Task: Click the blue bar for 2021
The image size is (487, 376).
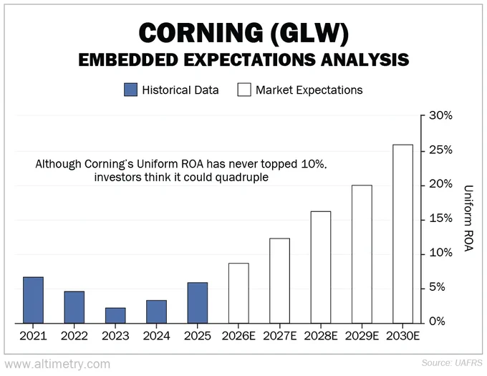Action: tap(33, 300)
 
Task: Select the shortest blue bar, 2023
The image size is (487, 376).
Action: tap(115, 316)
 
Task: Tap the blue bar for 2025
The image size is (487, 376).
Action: tap(198, 303)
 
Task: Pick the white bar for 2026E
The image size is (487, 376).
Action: tap(238, 294)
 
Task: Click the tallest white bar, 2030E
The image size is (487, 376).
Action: tap(402, 234)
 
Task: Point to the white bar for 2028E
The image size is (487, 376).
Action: tap(321, 267)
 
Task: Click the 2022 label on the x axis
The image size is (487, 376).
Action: tap(74, 336)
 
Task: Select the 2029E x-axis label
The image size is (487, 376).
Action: tap(362, 336)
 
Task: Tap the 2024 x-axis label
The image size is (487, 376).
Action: tap(157, 336)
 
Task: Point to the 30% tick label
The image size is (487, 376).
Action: tap(440, 116)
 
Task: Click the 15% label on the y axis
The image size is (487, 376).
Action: tap(440, 219)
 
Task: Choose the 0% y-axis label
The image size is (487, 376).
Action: tap(437, 322)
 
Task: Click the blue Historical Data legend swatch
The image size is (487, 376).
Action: tap(131, 90)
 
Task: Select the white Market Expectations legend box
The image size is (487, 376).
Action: tap(244, 90)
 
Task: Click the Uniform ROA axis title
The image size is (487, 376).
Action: tap(468, 218)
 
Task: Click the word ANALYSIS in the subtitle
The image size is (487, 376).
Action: tap(365, 59)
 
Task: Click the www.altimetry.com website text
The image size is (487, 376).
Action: tap(57, 365)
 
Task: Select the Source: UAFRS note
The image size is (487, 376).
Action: tap(452, 363)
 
